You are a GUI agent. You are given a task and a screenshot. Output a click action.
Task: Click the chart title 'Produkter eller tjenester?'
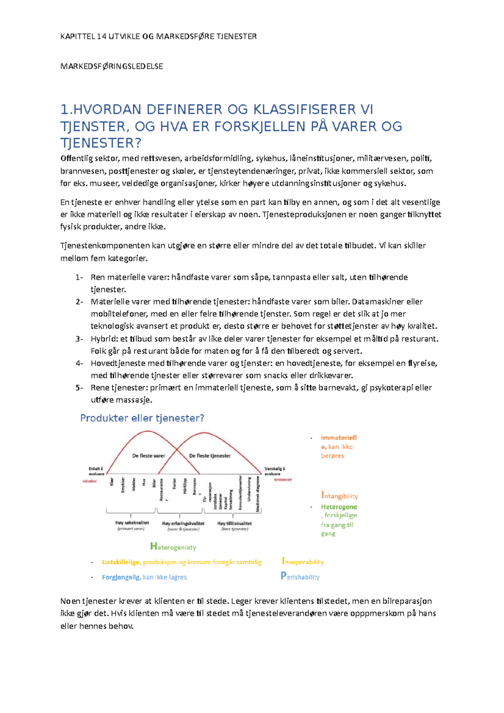click(x=142, y=418)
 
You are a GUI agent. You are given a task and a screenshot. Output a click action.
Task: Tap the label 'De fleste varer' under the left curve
click(x=149, y=456)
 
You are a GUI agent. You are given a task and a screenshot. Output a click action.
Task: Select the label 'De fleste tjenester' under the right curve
click(x=210, y=456)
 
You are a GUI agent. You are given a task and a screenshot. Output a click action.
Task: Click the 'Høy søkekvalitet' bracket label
click(x=132, y=523)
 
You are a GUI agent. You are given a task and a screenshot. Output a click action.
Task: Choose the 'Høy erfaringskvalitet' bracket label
click(x=183, y=523)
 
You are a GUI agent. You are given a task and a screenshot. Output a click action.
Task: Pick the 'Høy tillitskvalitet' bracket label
click(x=234, y=523)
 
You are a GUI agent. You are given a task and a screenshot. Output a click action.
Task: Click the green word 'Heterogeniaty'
click(x=173, y=547)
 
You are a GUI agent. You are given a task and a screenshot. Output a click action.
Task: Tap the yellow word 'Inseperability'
click(x=303, y=562)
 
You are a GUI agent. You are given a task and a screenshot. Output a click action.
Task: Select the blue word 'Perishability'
click(x=300, y=577)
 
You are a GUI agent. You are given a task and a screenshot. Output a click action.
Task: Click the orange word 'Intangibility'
click(x=339, y=496)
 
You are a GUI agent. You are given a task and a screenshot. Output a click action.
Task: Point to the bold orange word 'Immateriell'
click(x=339, y=438)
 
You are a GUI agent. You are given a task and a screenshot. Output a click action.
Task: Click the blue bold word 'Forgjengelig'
click(x=121, y=577)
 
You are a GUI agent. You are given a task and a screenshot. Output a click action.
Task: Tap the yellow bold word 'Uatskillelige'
click(x=121, y=562)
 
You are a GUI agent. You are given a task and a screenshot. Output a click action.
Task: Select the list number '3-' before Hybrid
click(x=79, y=339)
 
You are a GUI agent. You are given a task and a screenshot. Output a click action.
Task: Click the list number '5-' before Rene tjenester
click(x=79, y=388)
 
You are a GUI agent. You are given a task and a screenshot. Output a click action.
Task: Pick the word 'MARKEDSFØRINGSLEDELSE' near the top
click(x=112, y=66)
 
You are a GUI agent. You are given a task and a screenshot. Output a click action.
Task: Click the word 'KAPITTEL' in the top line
click(x=77, y=37)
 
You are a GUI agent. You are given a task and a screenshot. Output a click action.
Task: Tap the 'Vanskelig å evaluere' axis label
click(x=275, y=471)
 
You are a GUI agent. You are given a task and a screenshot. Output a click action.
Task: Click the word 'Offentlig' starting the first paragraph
click(x=76, y=158)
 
